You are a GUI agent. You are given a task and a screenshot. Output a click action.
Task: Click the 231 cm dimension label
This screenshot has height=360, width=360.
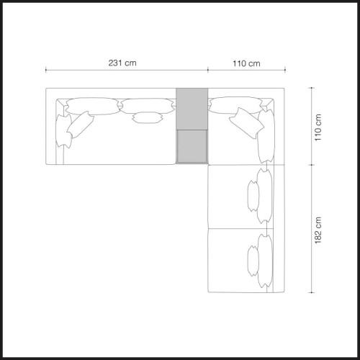(x=122, y=63)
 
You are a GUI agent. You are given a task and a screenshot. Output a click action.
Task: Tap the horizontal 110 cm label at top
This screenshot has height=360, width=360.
(x=246, y=63)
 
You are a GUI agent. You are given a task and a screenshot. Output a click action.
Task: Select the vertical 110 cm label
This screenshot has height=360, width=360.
(x=318, y=127)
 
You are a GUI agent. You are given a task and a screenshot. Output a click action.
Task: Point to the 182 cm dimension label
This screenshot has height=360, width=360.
(x=318, y=230)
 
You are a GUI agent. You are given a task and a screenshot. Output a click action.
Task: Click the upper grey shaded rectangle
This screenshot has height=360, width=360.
(x=192, y=109)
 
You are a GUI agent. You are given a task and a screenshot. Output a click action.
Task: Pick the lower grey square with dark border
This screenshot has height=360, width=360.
(x=192, y=147)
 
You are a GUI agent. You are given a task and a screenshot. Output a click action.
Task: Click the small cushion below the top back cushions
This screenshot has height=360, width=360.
(x=148, y=117)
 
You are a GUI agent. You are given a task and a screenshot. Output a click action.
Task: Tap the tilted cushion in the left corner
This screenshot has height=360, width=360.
(x=80, y=125)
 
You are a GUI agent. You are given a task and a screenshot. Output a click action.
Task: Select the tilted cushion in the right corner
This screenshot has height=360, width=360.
(x=246, y=123)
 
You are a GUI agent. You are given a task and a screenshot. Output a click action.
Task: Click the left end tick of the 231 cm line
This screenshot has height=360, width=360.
(x=46, y=71)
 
